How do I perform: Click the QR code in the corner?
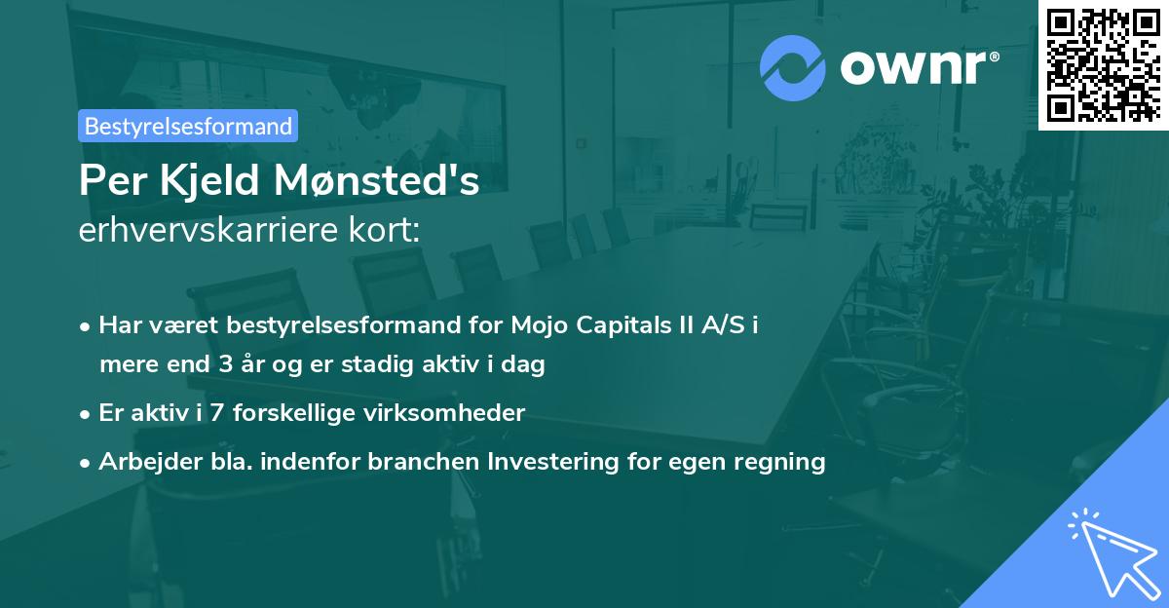(1104, 64)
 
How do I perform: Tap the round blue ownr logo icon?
(793, 67)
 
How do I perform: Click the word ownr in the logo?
(918, 68)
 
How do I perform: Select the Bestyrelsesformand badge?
(188, 126)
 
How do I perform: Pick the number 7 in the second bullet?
(216, 412)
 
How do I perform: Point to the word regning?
(780, 461)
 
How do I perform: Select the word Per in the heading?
(107, 182)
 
